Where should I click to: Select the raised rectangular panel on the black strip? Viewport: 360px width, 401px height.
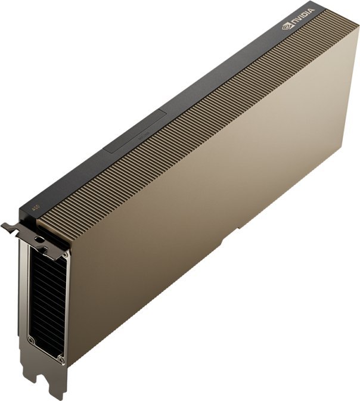click(x=136, y=132)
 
